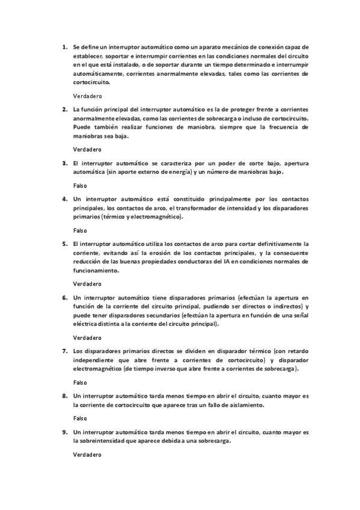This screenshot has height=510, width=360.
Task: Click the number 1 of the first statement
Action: (x=64, y=46)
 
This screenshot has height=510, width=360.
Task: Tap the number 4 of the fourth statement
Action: (x=64, y=198)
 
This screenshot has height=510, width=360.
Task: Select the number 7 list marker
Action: (x=64, y=351)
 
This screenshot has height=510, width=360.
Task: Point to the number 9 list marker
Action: (x=64, y=432)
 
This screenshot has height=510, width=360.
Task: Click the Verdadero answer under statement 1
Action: (x=87, y=96)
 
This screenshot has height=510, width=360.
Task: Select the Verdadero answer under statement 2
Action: (x=87, y=149)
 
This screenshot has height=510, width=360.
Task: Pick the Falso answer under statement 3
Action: (x=80, y=185)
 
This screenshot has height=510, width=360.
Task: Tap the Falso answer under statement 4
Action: (x=80, y=230)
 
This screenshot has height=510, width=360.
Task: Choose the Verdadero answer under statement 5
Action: (x=87, y=283)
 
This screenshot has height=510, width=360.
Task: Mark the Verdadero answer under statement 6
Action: (x=87, y=337)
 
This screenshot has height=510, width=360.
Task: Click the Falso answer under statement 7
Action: (x=80, y=382)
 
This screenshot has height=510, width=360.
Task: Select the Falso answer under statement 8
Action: (x=80, y=419)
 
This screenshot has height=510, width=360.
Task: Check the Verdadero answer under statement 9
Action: (x=87, y=455)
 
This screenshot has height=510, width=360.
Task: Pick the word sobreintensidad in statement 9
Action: (x=106, y=441)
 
